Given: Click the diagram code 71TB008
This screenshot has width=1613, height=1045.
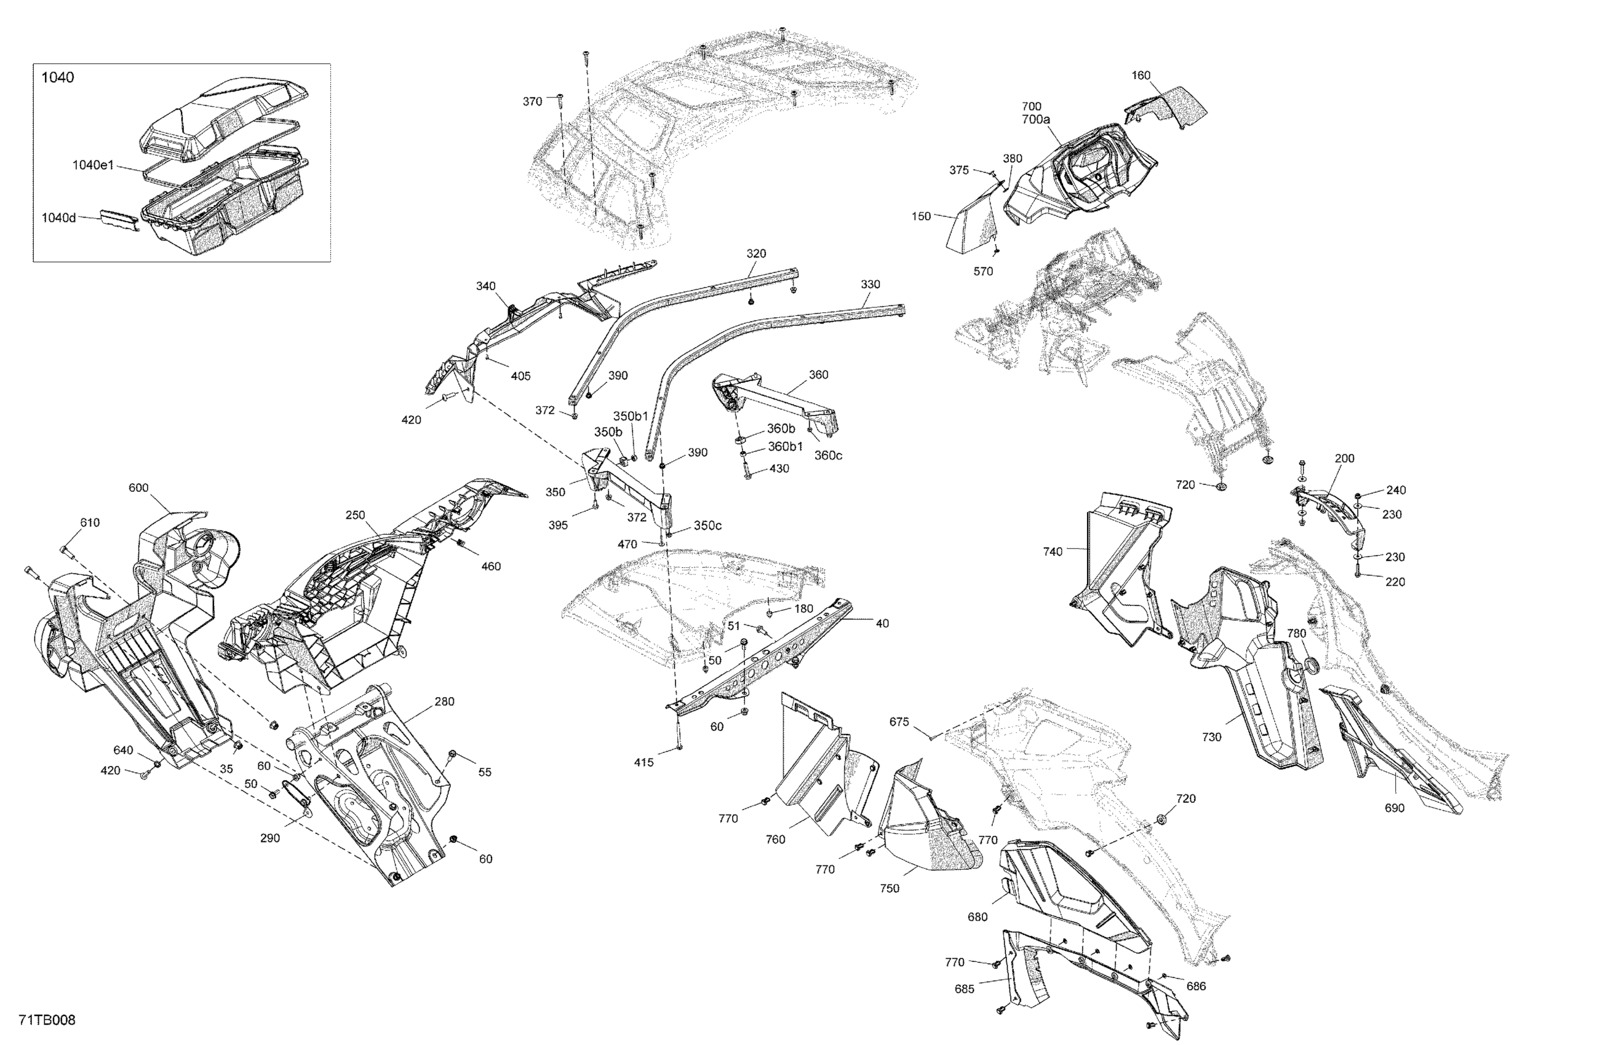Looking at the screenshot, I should click(47, 1020).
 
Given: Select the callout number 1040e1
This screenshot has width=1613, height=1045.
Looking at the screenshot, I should click(93, 165).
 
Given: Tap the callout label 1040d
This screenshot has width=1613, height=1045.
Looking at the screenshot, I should click(59, 218).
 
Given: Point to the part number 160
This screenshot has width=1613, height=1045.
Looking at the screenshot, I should click(1141, 75).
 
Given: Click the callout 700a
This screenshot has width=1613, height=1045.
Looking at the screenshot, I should click(1035, 119).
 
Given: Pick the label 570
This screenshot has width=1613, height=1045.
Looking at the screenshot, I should click(982, 272).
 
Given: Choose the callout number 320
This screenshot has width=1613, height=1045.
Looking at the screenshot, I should click(755, 253).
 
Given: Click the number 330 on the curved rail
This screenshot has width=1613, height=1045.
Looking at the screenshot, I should click(870, 285).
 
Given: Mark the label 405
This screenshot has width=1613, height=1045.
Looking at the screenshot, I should click(520, 376).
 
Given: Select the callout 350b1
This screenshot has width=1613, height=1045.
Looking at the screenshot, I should click(631, 416).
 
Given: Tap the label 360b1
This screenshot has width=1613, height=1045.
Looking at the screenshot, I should click(785, 446).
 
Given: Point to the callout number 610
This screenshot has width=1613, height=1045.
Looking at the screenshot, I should click(89, 522).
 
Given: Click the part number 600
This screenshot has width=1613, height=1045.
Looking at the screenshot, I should click(138, 487).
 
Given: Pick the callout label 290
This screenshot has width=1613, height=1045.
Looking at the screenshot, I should click(269, 838).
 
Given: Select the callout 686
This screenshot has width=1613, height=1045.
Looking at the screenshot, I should click(1195, 986).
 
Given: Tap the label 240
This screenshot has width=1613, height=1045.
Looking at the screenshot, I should click(1395, 490).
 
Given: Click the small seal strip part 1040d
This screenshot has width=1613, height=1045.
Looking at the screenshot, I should click(120, 220).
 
